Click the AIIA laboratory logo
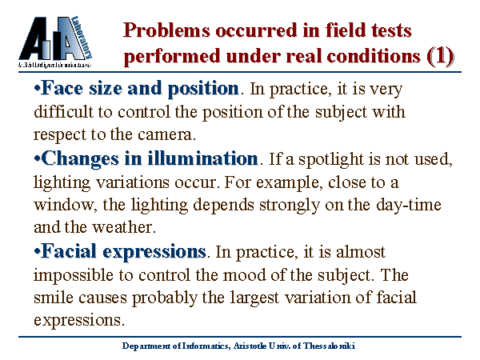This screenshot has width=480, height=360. [55, 42]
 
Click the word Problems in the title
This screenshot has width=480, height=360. [167, 30]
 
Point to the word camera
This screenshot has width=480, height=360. [166, 134]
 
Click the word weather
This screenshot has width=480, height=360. [124, 227]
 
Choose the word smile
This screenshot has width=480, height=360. [54, 297]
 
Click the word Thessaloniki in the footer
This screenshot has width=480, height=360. [329, 346]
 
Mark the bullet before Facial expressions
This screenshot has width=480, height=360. [37, 252]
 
